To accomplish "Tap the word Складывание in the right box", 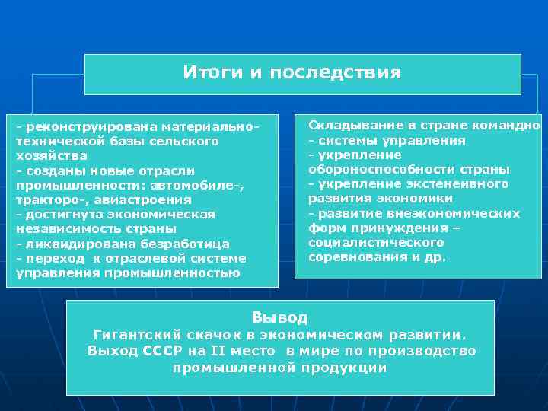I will (351, 126).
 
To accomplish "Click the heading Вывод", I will (279, 317).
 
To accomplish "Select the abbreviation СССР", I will (163, 351).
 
